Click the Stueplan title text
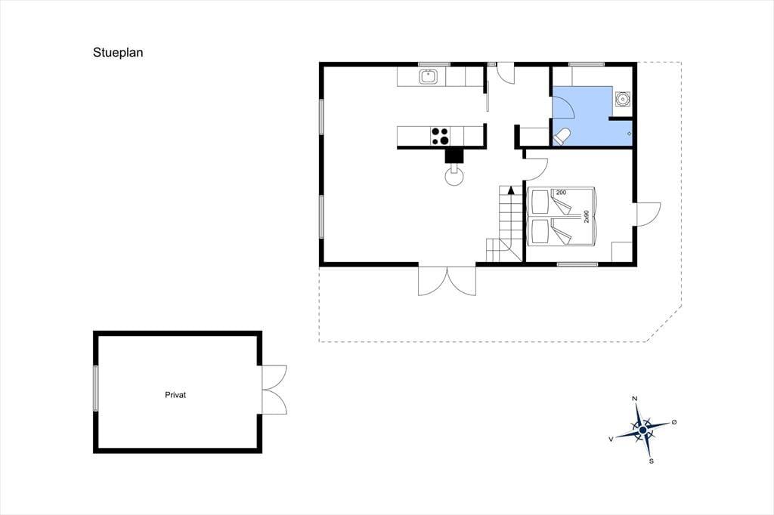tap(118, 53)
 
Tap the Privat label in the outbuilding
tap(175, 395)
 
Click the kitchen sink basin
tap(429, 77)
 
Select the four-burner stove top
tap(441, 136)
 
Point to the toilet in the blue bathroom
tap(562, 137)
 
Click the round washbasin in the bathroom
tap(623, 100)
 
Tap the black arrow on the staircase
tap(512, 189)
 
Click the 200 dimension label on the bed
tap(561, 193)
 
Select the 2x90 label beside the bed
tap(587, 217)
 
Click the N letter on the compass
tap(635, 399)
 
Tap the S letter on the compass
tap(652, 461)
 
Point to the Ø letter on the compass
tap(674, 422)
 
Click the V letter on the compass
tap(611, 439)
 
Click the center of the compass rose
tap(642, 430)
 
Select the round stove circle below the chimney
tap(454, 175)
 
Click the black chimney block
tap(454, 155)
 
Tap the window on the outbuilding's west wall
tap(96, 388)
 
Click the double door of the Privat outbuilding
tap(274, 390)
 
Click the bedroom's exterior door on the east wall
tap(648, 214)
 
